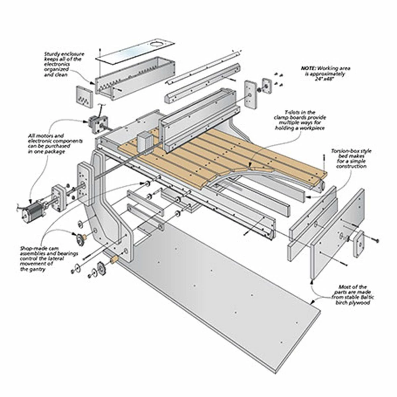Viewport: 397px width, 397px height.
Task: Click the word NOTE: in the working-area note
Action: [308, 68]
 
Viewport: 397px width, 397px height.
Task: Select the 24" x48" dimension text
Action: [334, 79]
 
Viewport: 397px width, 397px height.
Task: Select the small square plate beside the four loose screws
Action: [266, 85]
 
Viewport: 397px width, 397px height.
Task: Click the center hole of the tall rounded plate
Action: [249, 95]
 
